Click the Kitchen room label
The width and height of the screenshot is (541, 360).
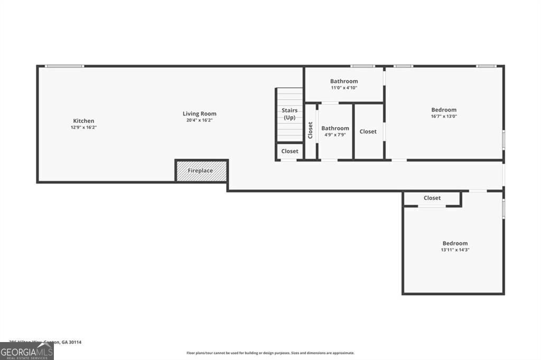coord(83,121)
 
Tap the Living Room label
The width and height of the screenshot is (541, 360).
coord(199,113)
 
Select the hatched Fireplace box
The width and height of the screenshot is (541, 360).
coord(201,170)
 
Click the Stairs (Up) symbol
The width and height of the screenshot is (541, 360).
coord(290,114)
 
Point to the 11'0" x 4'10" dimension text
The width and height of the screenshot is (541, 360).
coord(344,88)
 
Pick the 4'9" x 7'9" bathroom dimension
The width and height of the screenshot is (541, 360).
coord(335,135)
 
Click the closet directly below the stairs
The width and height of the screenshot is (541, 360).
coord(290,151)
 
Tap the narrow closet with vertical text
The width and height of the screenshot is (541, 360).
coord(311,130)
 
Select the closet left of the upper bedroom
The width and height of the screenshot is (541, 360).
coord(368,131)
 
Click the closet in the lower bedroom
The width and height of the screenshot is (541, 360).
coord(432,198)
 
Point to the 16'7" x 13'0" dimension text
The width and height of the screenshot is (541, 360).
coord(444,117)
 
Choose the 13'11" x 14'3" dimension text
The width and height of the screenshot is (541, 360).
coord(455,250)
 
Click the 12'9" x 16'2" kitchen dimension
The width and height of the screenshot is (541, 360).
coord(83,127)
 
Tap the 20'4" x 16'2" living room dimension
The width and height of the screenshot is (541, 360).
coord(199,120)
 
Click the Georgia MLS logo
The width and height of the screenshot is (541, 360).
coord(26,351)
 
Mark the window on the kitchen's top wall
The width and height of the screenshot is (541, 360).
coord(64,66)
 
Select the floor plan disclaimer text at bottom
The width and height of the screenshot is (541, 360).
coord(270,353)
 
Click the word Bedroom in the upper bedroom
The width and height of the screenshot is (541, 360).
coord(444,110)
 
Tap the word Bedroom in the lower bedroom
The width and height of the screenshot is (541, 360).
coord(455,243)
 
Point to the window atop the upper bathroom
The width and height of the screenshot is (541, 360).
coord(362,66)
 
